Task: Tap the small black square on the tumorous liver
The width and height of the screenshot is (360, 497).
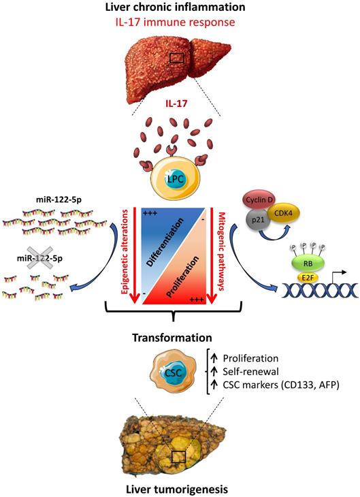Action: tap(179, 456)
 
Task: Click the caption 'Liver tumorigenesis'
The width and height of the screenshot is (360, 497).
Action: tap(179, 488)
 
